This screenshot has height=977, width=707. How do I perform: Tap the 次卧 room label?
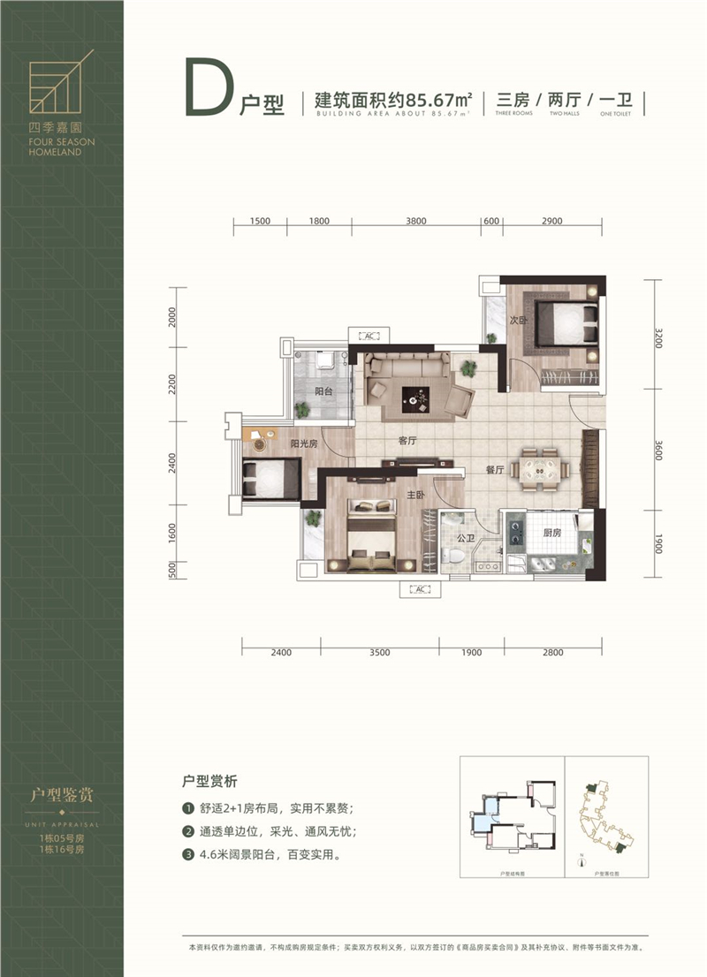tap(518, 322)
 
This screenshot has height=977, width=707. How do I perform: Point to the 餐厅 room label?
tap(494, 471)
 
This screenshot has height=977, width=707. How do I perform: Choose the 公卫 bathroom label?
tap(467, 536)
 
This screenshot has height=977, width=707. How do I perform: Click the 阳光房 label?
tap(303, 444)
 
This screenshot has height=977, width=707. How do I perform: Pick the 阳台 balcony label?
tap(323, 391)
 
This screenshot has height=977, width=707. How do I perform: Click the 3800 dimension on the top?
tap(416, 221)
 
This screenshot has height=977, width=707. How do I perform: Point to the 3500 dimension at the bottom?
tap(380, 653)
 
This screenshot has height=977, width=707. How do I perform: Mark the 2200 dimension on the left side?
tap(173, 383)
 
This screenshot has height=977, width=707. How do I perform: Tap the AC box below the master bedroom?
tap(419, 589)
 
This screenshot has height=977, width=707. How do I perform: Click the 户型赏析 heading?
tap(211, 783)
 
